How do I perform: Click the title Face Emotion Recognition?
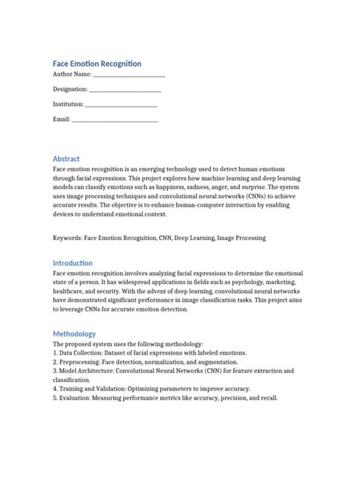[x=96, y=63]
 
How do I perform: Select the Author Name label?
[x=71, y=75]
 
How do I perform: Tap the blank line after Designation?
[x=125, y=90]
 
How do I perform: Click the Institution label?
[x=68, y=104]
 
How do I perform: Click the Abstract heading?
[x=66, y=158]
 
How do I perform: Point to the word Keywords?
[x=67, y=238]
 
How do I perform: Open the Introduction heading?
[x=73, y=263]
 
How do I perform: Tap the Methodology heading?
[x=74, y=333]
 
